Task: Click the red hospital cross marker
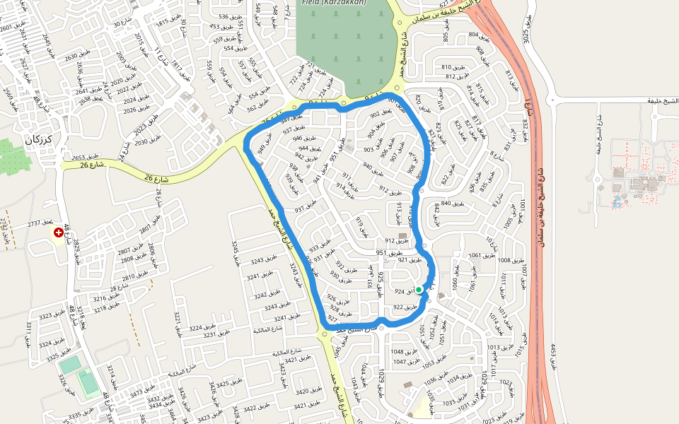click(x=58, y=232)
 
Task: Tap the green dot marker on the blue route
click(x=419, y=290)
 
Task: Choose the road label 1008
click(x=504, y=261)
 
